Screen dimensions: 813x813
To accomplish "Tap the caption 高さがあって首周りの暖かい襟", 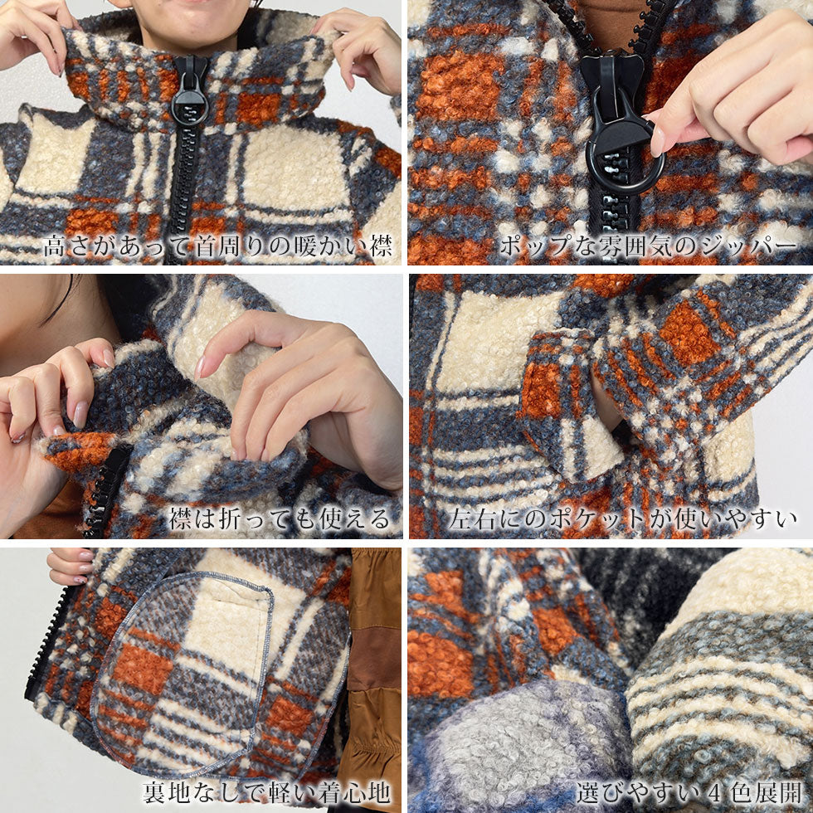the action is (217, 246).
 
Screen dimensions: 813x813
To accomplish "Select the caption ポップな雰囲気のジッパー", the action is (648, 246).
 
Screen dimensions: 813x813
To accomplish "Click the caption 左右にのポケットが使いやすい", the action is (623, 518).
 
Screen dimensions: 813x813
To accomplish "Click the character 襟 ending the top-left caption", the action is (381, 246).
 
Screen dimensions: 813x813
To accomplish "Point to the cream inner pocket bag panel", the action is (227, 622).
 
